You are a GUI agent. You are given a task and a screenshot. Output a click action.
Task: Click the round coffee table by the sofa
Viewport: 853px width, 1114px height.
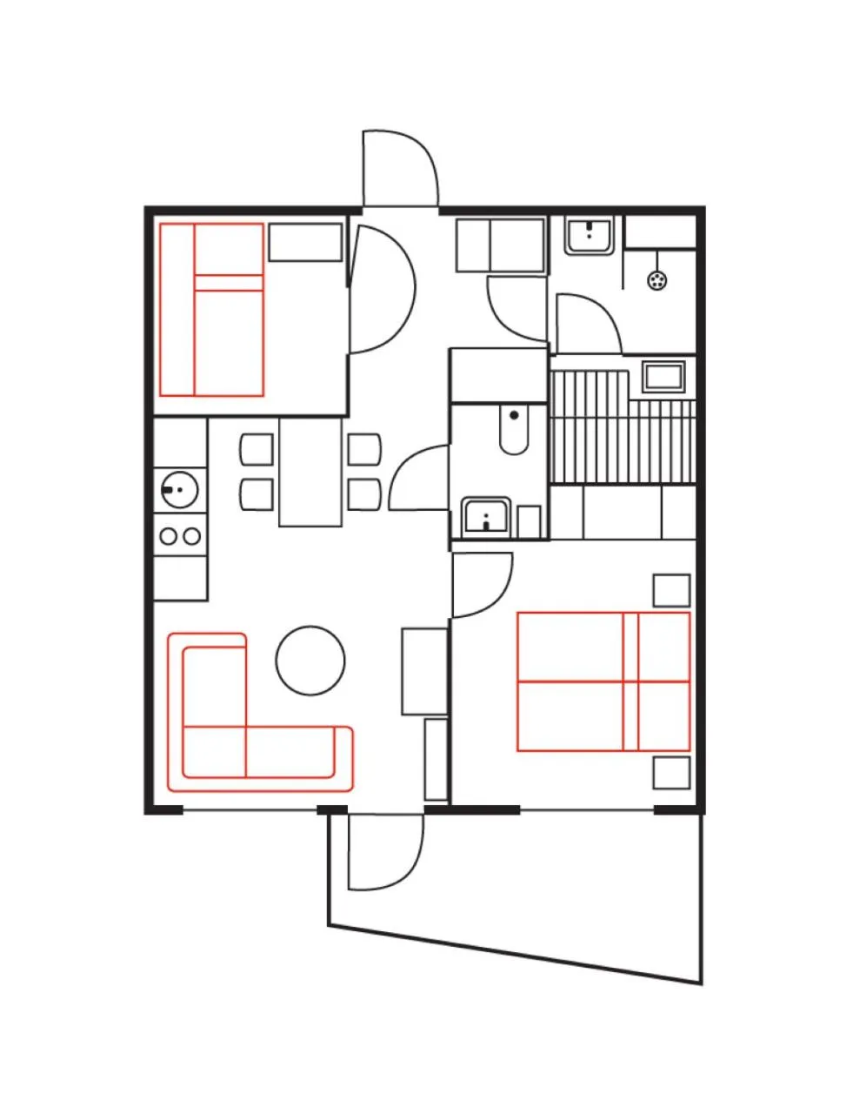tap(310, 660)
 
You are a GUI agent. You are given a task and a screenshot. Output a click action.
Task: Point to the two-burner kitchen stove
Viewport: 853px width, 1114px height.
tap(180, 535)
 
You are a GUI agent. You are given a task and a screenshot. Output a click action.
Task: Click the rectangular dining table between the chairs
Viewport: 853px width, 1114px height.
tap(310, 472)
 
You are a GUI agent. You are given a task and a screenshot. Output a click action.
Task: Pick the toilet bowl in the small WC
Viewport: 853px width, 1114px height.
tap(514, 429)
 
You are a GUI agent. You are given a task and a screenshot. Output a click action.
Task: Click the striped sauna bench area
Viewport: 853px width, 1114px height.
tap(609, 435)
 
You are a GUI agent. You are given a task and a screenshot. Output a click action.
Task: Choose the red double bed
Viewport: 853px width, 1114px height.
tap(603, 681)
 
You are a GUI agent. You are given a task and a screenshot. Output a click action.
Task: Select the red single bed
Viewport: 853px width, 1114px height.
tap(212, 310)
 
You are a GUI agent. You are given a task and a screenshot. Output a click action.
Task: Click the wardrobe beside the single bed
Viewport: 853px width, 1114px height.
tap(305, 243)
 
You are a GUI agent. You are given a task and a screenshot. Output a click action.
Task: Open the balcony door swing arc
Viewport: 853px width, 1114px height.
tap(383, 853)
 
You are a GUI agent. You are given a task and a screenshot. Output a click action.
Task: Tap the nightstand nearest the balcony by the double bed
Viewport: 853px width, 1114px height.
tap(671, 772)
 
